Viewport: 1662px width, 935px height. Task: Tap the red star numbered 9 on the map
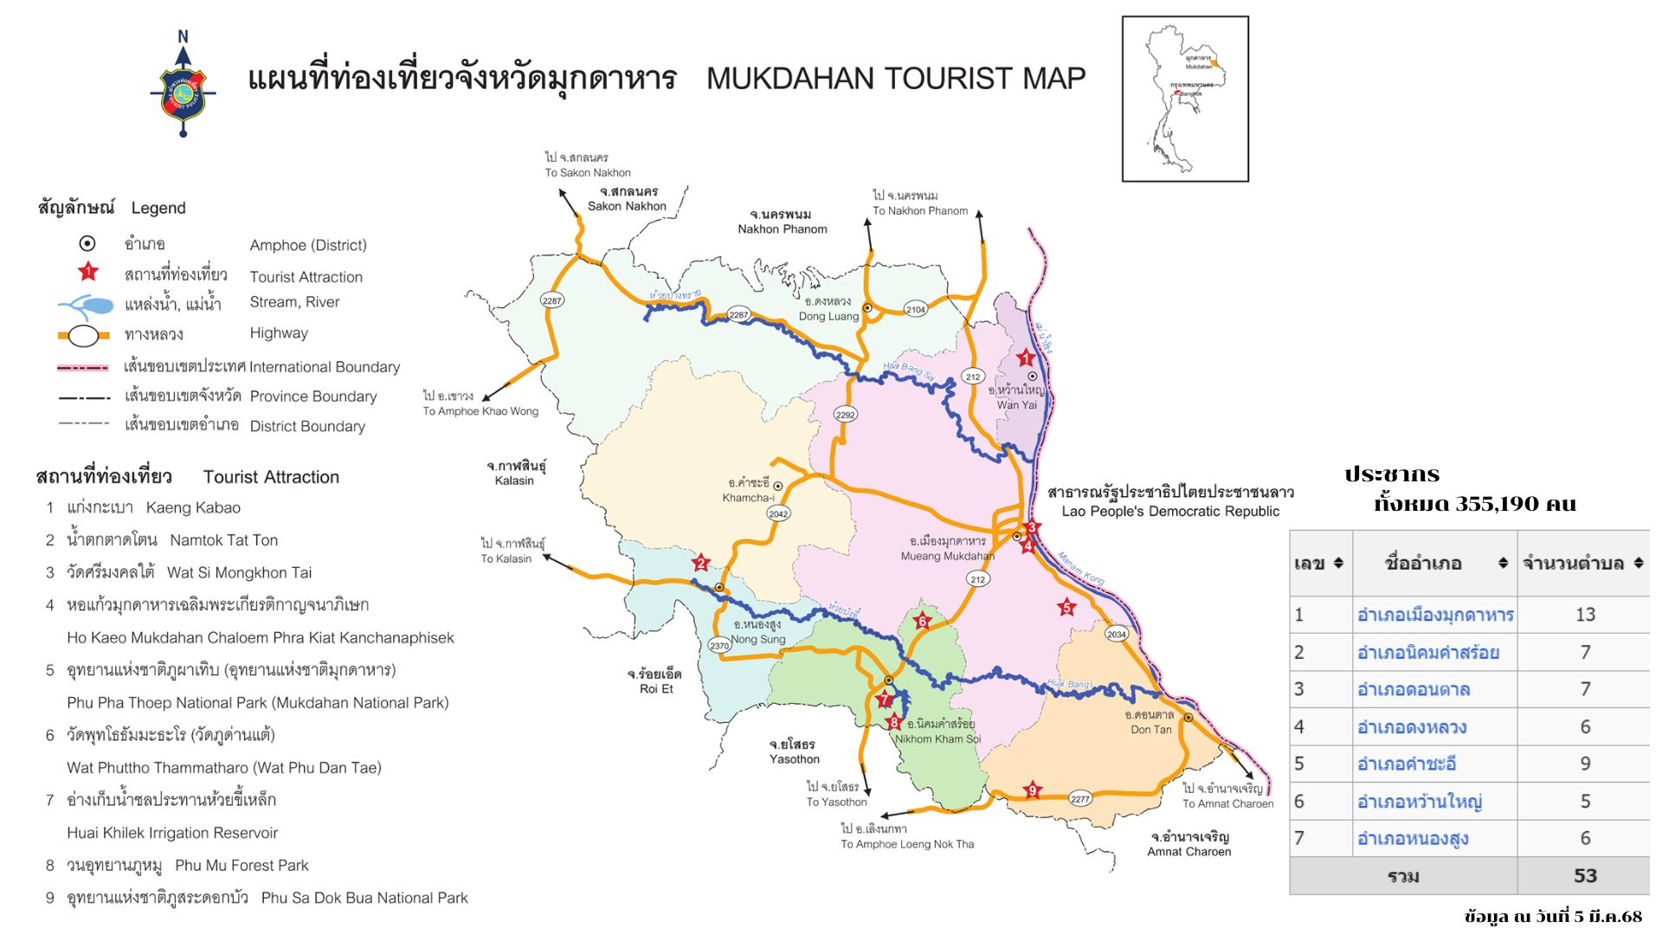pos(1031,790)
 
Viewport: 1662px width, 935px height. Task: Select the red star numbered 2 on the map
pos(701,564)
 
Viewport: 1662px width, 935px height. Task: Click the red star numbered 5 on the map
pos(1066,608)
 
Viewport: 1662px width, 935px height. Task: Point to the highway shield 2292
pos(845,415)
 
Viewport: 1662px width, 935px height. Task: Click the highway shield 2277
pos(1079,798)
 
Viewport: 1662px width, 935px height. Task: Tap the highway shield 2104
pos(916,309)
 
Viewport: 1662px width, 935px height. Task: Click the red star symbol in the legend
pos(88,273)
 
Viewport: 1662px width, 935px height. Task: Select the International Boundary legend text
pos(325,367)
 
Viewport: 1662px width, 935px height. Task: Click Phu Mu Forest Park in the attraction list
pos(242,865)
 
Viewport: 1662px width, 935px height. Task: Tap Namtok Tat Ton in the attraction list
pos(223,540)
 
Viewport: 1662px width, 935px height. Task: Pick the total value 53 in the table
pos(1584,875)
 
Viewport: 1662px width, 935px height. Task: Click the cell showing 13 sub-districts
pos(1584,615)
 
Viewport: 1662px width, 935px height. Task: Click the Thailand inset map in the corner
pos(1185,99)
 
